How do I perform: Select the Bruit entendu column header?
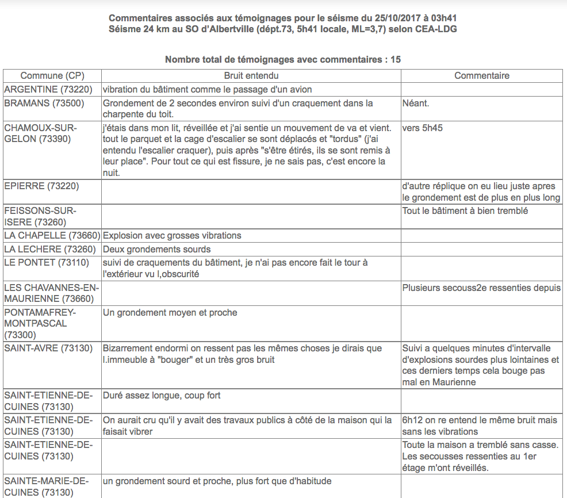[251, 76]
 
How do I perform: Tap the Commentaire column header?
[482, 76]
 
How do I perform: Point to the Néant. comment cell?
[416, 104]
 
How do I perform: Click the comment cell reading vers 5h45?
[423, 128]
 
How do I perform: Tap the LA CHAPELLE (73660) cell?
[52, 235]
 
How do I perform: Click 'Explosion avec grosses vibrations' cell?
[172, 235]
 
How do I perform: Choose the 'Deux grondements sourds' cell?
[157, 250]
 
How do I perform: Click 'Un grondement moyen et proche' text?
[170, 313]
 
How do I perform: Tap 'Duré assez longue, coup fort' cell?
[162, 396]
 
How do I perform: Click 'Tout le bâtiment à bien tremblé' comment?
[465, 210]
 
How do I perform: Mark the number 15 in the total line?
[395, 60]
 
